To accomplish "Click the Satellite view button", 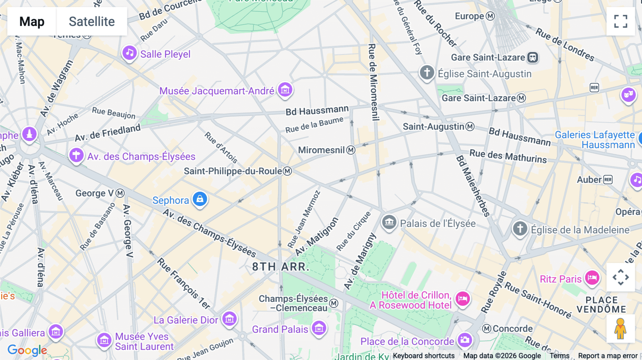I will click(x=92, y=21).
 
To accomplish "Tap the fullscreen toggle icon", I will click(x=621, y=21).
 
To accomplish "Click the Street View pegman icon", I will click(x=621, y=329).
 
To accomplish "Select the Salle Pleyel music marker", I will click(x=129, y=53).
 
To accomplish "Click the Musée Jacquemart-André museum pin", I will click(x=285, y=89).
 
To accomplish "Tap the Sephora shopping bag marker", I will click(x=200, y=199).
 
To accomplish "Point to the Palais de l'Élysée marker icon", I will click(x=389, y=222).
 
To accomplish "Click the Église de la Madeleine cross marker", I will click(x=520, y=228).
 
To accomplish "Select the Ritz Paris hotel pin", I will click(x=592, y=278).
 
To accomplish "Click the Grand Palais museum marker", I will click(x=319, y=328).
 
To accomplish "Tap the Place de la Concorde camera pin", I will click(x=465, y=340).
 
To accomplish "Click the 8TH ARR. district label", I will click(x=280, y=267).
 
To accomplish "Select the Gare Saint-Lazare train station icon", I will click(x=533, y=57).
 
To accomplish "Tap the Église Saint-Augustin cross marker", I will click(x=427, y=72).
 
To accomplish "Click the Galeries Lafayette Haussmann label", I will click(x=595, y=140).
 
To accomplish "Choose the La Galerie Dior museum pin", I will click(x=229, y=319).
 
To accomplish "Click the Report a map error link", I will click(x=608, y=356).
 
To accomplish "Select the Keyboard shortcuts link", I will click(x=424, y=356).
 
